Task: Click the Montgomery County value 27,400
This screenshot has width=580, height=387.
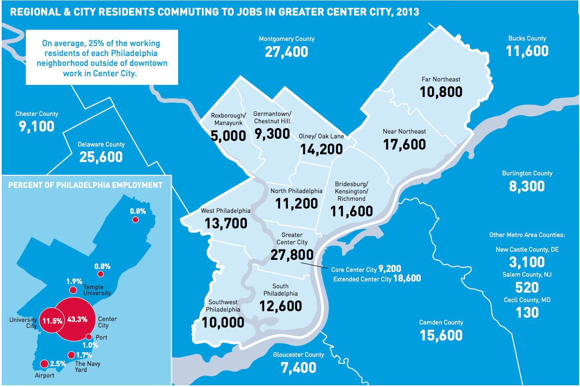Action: pos(286,52)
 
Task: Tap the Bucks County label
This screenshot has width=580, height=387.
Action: pos(527,38)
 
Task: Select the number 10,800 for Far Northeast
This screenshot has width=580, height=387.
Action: pos(441,92)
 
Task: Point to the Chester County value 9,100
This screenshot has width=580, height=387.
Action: pos(37,127)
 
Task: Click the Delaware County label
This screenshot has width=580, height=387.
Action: pos(101,144)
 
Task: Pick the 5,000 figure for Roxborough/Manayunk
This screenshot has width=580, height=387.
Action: pos(228,136)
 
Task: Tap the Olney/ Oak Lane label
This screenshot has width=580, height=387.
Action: pos(321,136)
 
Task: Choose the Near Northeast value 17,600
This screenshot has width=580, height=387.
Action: pos(404,145)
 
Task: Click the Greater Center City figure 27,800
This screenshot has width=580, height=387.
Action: pos(292,255)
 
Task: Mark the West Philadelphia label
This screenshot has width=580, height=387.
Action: pos(225,211)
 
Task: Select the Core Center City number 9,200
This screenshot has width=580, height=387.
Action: pos(390,269)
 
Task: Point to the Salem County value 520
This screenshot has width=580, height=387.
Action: pos(527,287)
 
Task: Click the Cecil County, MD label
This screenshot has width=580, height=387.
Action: pos(527,300)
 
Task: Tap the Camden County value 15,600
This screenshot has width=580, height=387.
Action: pos(441,335)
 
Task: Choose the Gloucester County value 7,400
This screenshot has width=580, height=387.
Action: pos(299,368)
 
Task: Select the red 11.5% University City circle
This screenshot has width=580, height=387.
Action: pos(51,321)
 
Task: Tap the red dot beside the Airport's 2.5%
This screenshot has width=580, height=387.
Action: pos(44,364)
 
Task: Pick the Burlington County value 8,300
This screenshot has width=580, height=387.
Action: pos(527,186)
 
